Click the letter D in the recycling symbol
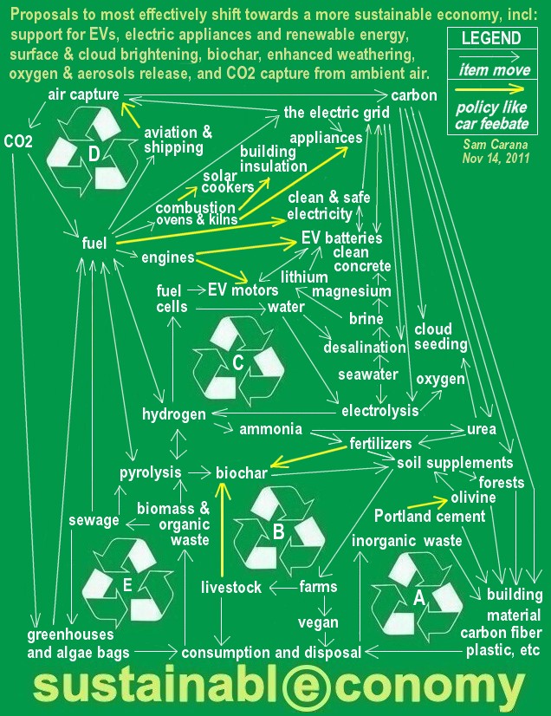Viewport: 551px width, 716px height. click(94, 154)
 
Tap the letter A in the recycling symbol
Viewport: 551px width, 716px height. click(418, 596)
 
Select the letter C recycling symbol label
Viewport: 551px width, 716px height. click(237, 362)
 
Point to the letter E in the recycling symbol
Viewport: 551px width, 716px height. click(126, 585)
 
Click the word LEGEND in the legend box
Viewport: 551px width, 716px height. click(491, 39)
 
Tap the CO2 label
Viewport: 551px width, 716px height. click(18, 140)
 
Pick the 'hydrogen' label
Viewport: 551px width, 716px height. click(174, 414)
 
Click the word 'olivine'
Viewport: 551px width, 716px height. click(473, 498)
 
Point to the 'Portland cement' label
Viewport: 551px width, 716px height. click(430, 517)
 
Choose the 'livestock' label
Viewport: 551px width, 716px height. click(231, 588)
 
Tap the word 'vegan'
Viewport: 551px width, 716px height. click(318, 622)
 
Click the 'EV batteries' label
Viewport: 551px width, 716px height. click(341, 238)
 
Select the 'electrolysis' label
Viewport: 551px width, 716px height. click(380, 409)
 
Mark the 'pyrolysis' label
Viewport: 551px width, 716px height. click(151, 472)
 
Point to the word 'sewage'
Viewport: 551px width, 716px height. click(94, 520)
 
